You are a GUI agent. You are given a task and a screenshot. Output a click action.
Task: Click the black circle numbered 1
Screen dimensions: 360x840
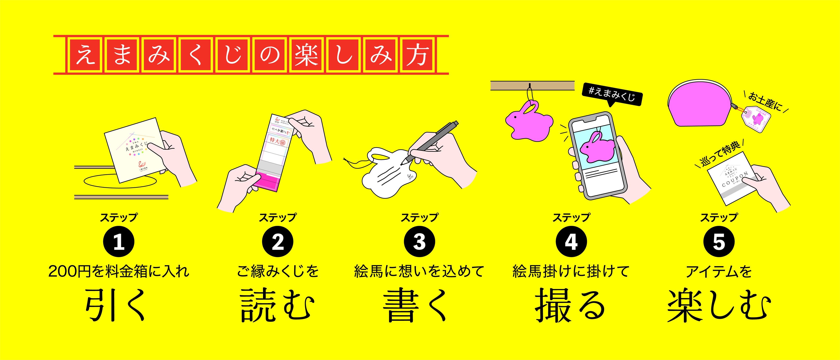click(x=119, y=242)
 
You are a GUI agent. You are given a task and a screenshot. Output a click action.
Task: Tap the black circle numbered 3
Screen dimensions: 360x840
click(x=419, y=242)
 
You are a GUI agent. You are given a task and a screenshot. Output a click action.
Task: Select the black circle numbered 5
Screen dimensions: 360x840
click(x=719, y=242)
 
